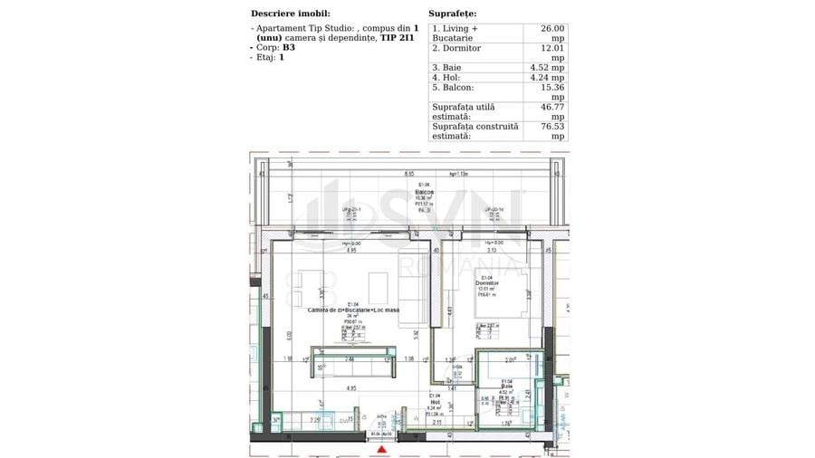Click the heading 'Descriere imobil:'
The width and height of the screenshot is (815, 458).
(290, 14)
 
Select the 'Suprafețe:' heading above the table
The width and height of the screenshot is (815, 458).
(452, 14)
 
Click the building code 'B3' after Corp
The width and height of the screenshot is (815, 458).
(288, 47)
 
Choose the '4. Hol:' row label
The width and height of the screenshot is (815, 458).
(448, 78)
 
